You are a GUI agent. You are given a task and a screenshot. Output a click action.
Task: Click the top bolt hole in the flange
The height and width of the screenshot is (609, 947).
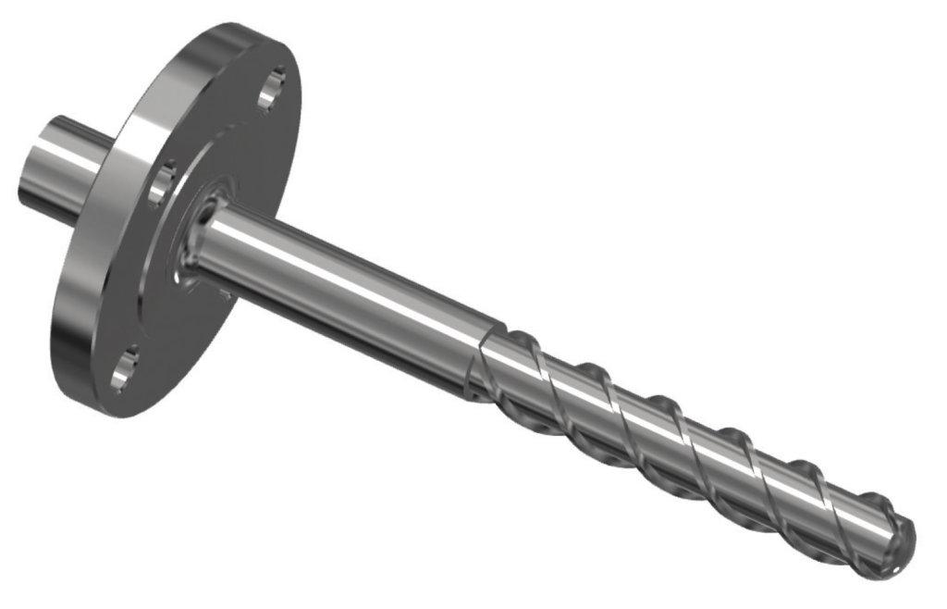(x=269, y=91)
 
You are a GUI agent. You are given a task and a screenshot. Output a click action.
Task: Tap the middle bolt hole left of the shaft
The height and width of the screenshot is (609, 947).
(x=161, y=181)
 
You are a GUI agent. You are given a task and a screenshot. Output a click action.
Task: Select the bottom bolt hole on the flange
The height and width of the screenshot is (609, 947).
(x=126, y=367)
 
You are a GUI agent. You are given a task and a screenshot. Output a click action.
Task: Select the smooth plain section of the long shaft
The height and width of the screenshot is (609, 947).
(x=351, y=287)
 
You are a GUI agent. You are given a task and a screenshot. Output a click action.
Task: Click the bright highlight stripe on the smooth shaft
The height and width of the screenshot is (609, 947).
(x=361, y=273)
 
